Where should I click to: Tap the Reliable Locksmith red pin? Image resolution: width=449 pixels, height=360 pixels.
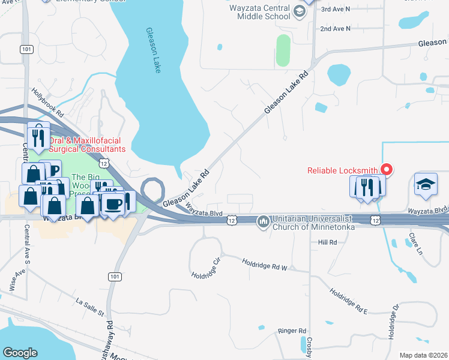[x=387, y=170]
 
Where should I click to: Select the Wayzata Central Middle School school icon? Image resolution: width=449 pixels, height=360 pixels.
[x=298, y=10]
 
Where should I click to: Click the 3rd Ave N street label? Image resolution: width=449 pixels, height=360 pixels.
[x=335, y=10]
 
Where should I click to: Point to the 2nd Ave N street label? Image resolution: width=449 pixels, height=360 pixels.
[x=335, y=28]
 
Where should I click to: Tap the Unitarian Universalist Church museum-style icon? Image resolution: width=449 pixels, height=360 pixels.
[x=263, y=222]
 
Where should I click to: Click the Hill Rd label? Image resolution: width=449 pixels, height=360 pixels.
[x=328, y=242]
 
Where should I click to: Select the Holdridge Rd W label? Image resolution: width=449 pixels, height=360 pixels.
[x=265, y=263]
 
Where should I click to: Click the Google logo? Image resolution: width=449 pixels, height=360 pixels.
[x=20, y=353]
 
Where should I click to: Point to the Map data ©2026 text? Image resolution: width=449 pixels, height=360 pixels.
[x=423, y=355]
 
